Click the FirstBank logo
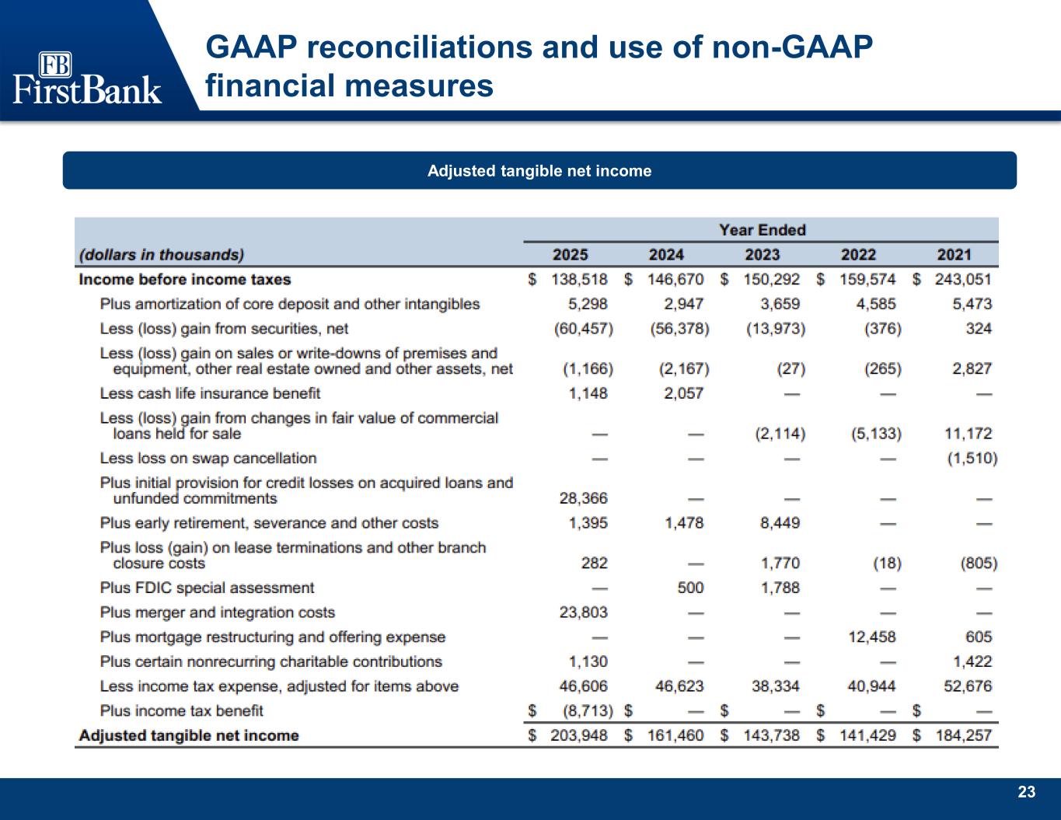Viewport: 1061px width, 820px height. pos(87,78)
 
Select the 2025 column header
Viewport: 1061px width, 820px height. pos(570,255)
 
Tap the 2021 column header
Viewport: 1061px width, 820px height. pos(954,255)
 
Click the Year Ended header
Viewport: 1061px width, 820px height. pos(762,230)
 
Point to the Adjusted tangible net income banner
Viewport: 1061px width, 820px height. pos(539,171)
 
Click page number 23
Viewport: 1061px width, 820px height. pos(1027,792)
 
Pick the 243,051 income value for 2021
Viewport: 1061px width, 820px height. pos(962,280)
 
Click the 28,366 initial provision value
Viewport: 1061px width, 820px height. pos(585,498)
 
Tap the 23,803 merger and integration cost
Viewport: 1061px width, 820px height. pos(585,612)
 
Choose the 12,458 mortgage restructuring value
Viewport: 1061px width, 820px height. pos(872,637)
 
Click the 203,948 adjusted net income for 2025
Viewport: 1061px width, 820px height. pos(578,735)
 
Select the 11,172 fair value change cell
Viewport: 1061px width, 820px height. pos(969,434)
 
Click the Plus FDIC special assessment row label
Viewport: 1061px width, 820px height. pos(207,588)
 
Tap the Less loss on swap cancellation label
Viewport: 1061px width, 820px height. pos(208,459)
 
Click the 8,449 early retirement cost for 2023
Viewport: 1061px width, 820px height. pos(780,523)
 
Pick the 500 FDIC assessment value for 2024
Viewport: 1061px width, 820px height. pos(690,588)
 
